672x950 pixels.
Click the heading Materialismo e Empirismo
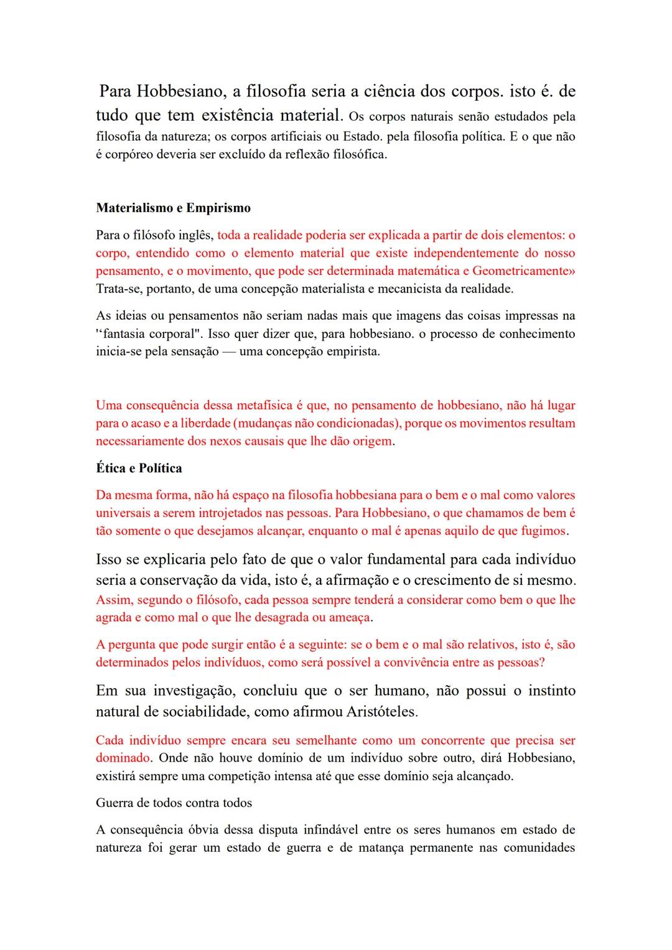tap(173, 208)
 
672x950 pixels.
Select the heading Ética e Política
tap(139, 468)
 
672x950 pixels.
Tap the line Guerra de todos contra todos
tap(174, 803)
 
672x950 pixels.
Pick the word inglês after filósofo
tap(196, 235)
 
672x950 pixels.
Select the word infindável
tap(330, 829)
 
